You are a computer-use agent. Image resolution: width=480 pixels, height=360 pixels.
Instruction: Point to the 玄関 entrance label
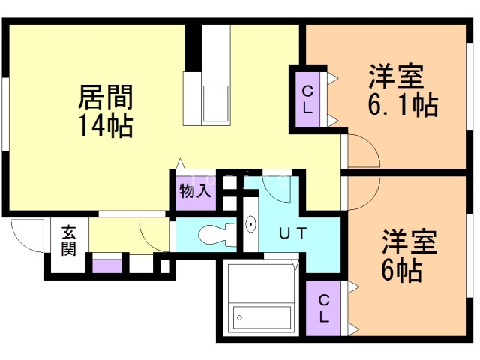coord(69,239)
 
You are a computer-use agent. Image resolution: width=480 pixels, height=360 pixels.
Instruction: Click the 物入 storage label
coord(195,192)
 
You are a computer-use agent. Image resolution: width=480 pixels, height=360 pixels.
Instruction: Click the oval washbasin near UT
coord(250,223)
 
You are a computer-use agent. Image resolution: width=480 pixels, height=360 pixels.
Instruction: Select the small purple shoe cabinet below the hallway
coord(106,264)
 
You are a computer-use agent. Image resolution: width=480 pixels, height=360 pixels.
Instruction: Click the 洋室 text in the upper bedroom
coord(396,78)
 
